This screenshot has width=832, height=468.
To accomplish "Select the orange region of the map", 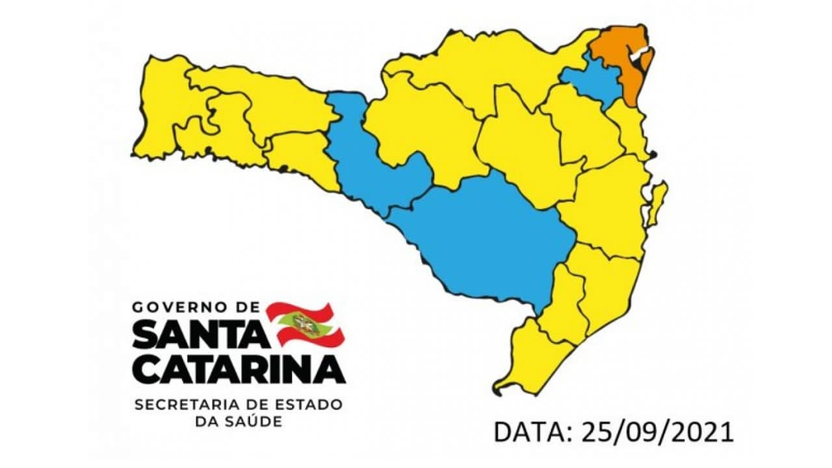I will click(x=624, y=58).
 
